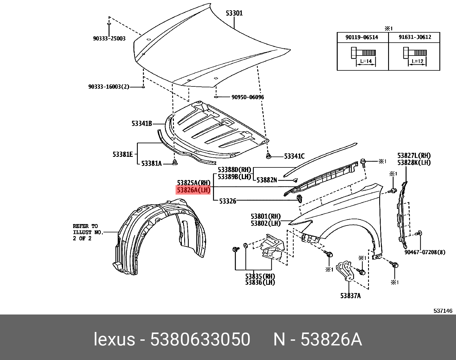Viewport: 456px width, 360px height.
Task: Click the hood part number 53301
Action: click(234, 13)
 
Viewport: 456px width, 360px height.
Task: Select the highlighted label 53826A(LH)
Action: click(193, 190)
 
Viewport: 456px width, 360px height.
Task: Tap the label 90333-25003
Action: click(109, 39)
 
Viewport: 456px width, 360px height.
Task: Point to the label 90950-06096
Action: click(247, 97)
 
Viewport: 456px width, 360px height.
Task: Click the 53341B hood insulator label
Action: click(141, 124)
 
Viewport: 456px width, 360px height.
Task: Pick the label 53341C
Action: click(294, 156)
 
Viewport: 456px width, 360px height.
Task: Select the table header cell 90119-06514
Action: click(361, 37)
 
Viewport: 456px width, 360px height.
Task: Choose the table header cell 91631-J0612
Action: click(415, 37)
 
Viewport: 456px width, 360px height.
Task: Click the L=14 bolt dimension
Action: click(366, 61)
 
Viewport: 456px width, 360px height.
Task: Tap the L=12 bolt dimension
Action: click(417, 61)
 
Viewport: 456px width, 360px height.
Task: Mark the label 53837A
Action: click(350, 296)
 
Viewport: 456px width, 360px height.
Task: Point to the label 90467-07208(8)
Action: click(424, 252)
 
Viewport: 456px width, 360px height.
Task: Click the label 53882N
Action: click(266, 180)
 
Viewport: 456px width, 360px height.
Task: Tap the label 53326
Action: click(227, 201)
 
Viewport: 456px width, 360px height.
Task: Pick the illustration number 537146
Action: click(443, 311)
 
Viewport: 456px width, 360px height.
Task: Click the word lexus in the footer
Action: click(114, 340)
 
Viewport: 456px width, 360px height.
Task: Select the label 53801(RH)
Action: click(266, 217)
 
